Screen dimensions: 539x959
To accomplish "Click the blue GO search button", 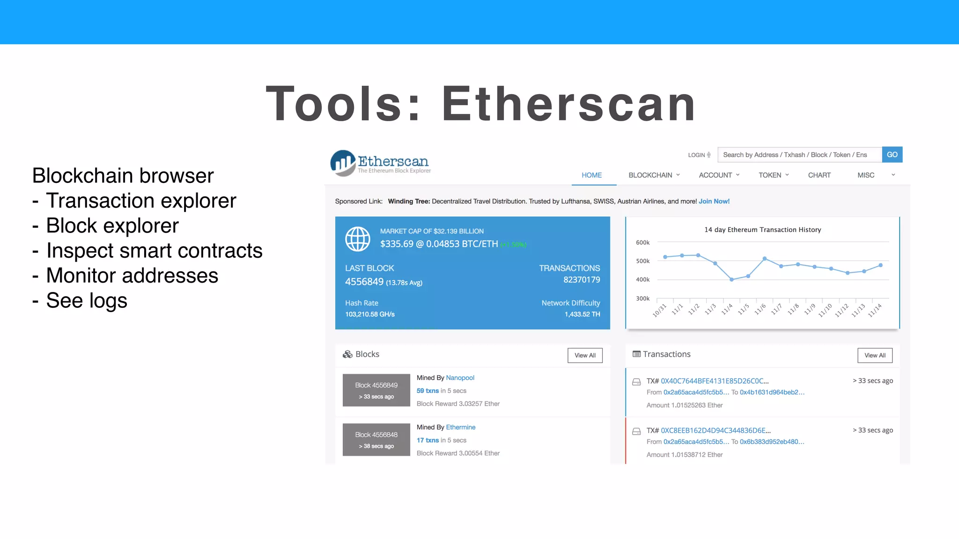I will pyautogui.click(x=892, y=155).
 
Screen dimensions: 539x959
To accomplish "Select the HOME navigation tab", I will pyautogui.click(x=591, y=175).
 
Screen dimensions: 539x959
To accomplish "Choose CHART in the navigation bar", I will pyautogui.click(x=819, y=175).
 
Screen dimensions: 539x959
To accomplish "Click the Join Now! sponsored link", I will pyautogui.click(x=714, y=201).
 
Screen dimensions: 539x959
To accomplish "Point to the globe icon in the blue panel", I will pyautogui.click(x=357, y=239).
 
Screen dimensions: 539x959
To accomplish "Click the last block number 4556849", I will pyautogui.click(x=364, y=282).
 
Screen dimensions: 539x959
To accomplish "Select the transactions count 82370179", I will pyautogui.click(x=582, y=280).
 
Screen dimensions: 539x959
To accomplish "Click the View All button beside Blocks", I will pyautogui.click(x=585, y=356).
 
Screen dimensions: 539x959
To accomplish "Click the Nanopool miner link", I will pyautogui.click(x=460, y=378).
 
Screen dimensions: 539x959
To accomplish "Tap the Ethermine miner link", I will pyautogui.click(x=460, y=427).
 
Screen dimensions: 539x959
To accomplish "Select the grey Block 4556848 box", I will pyautogui.click(x=376, y=439).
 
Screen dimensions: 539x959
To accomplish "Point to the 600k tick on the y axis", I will pyautogui.click(x=642, y=242).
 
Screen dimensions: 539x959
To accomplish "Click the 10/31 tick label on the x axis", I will pyautogui.click(x=659, y=310).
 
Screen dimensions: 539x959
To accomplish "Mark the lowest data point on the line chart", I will pyautogui.click(x=731, y=279).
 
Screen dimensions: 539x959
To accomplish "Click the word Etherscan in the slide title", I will pyautogui.click(x=568, y=104).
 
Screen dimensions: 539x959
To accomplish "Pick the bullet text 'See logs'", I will pyautogui.click(x=87, y=300).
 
